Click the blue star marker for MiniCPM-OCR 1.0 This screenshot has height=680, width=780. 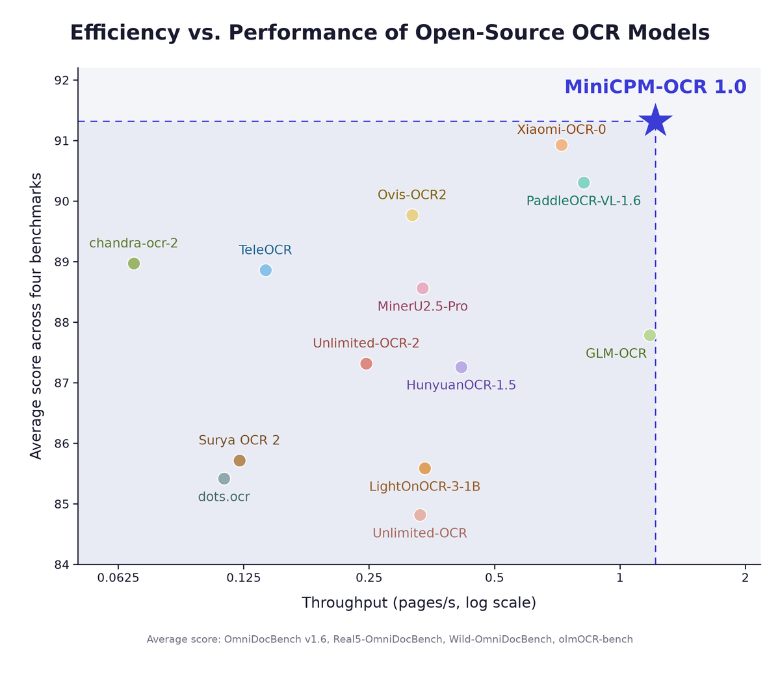(655, 121)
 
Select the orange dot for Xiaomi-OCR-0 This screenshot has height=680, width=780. (561, 145)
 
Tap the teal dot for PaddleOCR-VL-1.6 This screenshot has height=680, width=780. (583, 183)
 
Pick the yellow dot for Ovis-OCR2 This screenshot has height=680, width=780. (411, 215)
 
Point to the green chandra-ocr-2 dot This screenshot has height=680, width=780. (133, 263)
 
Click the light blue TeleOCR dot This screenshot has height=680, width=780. (265, 270)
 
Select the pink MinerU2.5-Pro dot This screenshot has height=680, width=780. (422, 288)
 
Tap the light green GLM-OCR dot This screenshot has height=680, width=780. (649, 335)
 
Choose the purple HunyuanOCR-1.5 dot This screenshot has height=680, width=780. (461, 367)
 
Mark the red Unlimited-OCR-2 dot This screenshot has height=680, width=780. (366, 364)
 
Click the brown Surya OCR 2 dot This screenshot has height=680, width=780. (239, 460)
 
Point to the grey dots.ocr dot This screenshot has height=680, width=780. (224, 479)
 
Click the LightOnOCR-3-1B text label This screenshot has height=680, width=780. (424, 487)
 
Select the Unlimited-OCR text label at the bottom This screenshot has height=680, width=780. (420, 533)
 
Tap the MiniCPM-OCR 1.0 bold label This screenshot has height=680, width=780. (655, 87)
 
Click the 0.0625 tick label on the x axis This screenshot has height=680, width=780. (118, 578)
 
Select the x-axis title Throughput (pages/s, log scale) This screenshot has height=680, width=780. (419, 603)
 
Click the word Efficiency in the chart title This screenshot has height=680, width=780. (125, 32)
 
